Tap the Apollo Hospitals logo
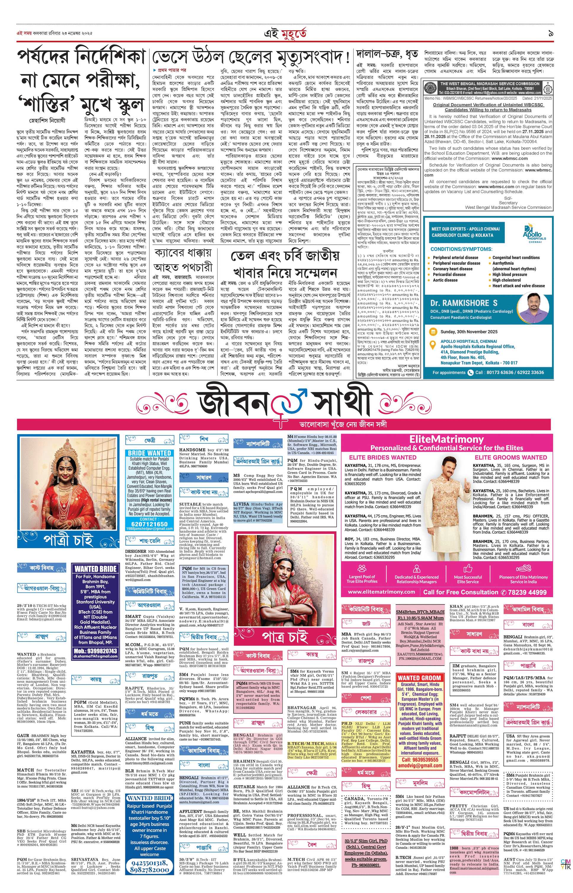534,233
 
